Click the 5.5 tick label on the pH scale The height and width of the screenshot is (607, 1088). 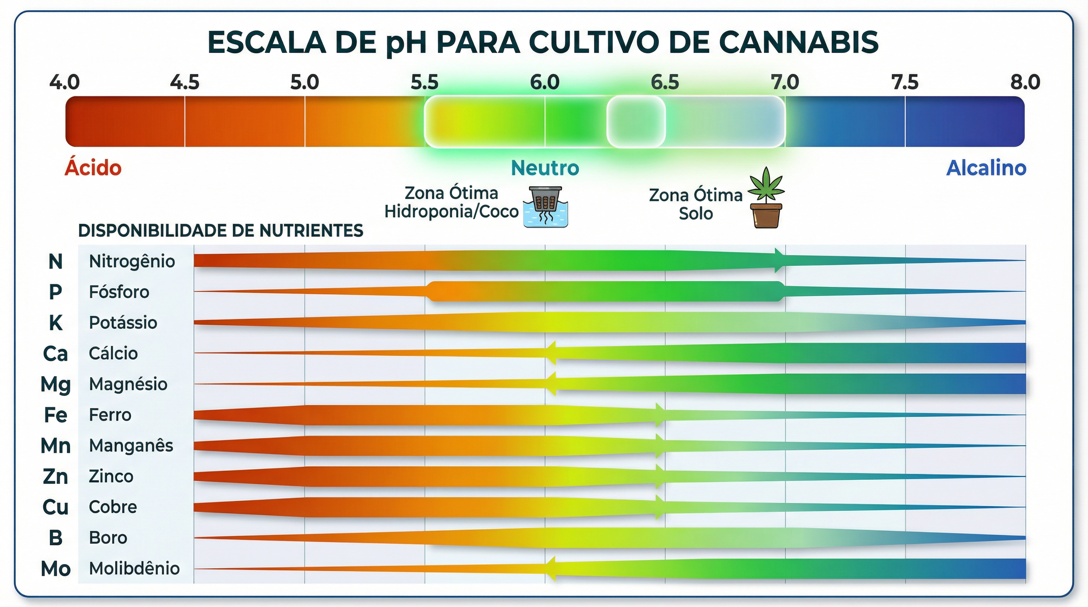pos(425,82)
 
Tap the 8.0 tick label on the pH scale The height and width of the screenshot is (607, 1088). pos(1025,82)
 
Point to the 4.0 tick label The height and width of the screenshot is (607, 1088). pos(64,82)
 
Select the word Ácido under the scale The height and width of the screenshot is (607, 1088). pos(93,168)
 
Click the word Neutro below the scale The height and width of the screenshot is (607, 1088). pos(545,168)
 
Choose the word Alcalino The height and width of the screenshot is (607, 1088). pos(986,168)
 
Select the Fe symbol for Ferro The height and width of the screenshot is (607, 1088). pos(55,415)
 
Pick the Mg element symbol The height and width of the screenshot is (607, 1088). pos(55,385)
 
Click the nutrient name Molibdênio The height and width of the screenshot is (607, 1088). pos(134,569)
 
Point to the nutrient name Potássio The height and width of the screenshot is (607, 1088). pos(123,323)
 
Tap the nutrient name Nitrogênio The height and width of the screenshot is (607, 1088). pos(132,261)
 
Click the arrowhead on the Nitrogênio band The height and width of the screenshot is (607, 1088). pos(779,260)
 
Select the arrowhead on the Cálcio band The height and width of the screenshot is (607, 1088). pos(550,353)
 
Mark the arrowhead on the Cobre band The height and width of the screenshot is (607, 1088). pos(659,507)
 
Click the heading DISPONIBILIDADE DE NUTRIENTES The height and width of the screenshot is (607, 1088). pos(221,231)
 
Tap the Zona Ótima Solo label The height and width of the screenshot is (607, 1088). pos(696,204)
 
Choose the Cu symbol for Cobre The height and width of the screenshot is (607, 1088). pos(55,507)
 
